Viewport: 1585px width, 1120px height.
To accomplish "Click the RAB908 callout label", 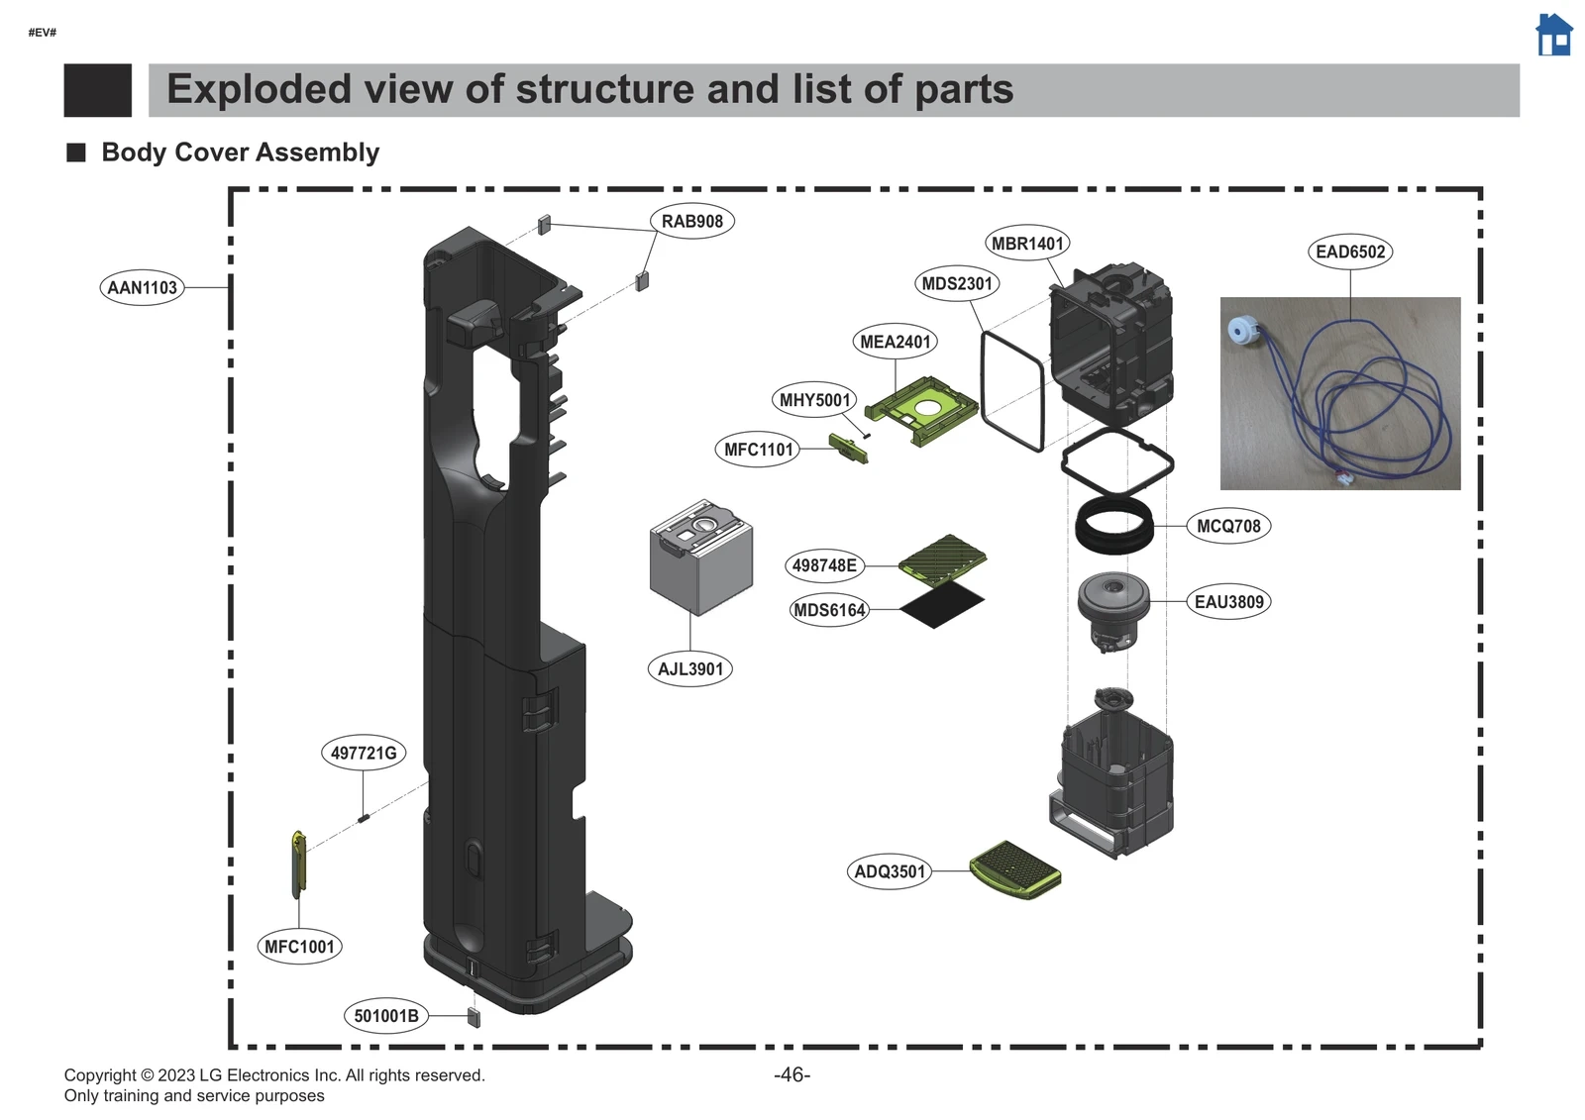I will pos(691,222).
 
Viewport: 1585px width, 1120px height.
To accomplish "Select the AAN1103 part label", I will pos(142,288).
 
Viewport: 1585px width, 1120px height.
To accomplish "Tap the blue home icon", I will pos(1553,36).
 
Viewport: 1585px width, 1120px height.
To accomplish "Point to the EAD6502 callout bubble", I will pos(1350,252).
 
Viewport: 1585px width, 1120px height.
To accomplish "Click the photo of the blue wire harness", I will pos(1339,393).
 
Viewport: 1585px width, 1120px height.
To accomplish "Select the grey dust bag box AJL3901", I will pos(700,557).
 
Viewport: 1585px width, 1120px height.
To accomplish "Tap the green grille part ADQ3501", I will pos(1014,869).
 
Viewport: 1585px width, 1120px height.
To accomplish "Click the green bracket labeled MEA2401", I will pos(921,409).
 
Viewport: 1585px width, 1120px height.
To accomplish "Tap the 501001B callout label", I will pos(386,1016).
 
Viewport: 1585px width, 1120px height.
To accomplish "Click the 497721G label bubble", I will pos(363,754).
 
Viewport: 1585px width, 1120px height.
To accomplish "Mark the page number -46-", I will pos(792,1075).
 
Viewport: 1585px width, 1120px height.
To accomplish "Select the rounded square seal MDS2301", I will pos(1011,390).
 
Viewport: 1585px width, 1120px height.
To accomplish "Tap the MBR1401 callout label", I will pos(1027,244).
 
